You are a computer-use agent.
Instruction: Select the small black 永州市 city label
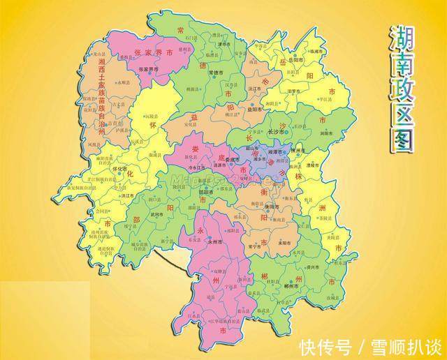pos(217,241)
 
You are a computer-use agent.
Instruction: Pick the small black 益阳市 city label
pos(254,110)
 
